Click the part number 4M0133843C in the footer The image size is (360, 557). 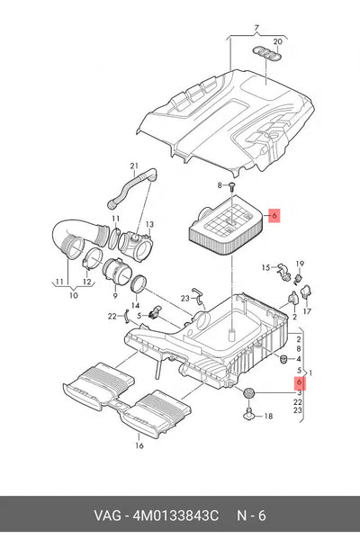pyautogui.click(x=175, y=516)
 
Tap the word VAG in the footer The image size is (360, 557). pyautogui.click(x=107, y=516)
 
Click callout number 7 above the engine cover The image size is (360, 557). pyautogui.click(x=256, y=28)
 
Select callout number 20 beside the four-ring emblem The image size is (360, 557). pyautogui.click(x=277, y=41)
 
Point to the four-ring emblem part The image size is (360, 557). pyautogui.click(x=267, y=52)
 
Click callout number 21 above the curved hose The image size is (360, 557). pyautogui.click(x=133, y=166)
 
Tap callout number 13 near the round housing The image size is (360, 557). pyautogui.click(x=149, y=224)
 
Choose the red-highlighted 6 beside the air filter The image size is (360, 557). pyautogui.click(x=274, y=215)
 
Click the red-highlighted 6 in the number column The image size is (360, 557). pyautogui.click(x=299, y=382)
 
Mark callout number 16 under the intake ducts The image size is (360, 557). pyautogui.click(x=139, y=445)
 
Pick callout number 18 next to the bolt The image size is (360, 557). pyautogui.click(x=268, y=416)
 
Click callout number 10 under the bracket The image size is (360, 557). pyautogui.click(x=73, y=295)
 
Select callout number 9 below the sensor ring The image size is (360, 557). pyautogui.click(x=115, y=295)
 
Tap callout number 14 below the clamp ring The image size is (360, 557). pyautogui.click(x=135, y=305)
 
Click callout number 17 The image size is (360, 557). pyautogui.click(x=307, y=311)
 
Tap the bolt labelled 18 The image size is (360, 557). pyautogui.click(x=249, y=414)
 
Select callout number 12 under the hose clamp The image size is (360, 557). pyautogui.click(x=87, y=282)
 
